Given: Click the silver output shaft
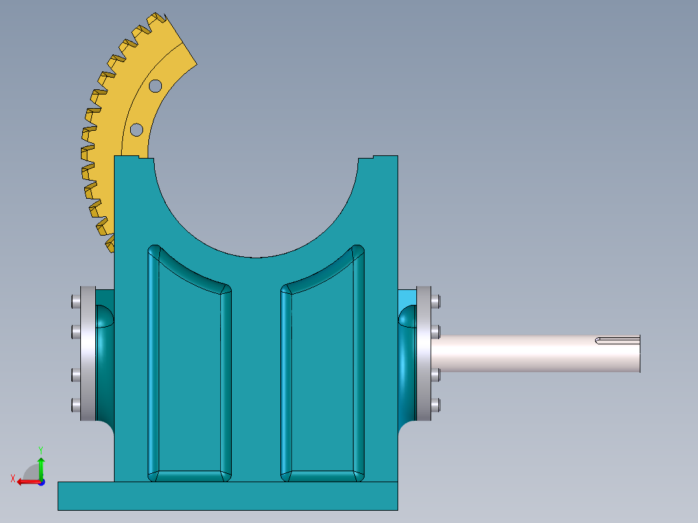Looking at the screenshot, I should [x=531, y=353].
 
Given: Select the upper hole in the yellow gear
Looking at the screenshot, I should [x=155, y=85].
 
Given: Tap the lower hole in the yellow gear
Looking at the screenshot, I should [x=136, y=129].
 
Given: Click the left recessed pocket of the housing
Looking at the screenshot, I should [x=188, y=375].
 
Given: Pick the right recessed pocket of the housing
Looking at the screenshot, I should [x=322, y=375].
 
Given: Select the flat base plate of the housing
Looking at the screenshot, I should [x=227, y=496].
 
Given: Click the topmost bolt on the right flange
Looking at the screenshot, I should [x=436, y=302].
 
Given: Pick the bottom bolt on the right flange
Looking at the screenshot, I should [x=436, y=405].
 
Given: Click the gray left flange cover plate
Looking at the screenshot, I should [x=87, y=353].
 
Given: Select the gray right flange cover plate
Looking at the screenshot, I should [x=424, y=353].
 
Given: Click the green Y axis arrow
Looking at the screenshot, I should [x=41, y=465].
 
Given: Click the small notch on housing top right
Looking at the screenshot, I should [x=374, y=157].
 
